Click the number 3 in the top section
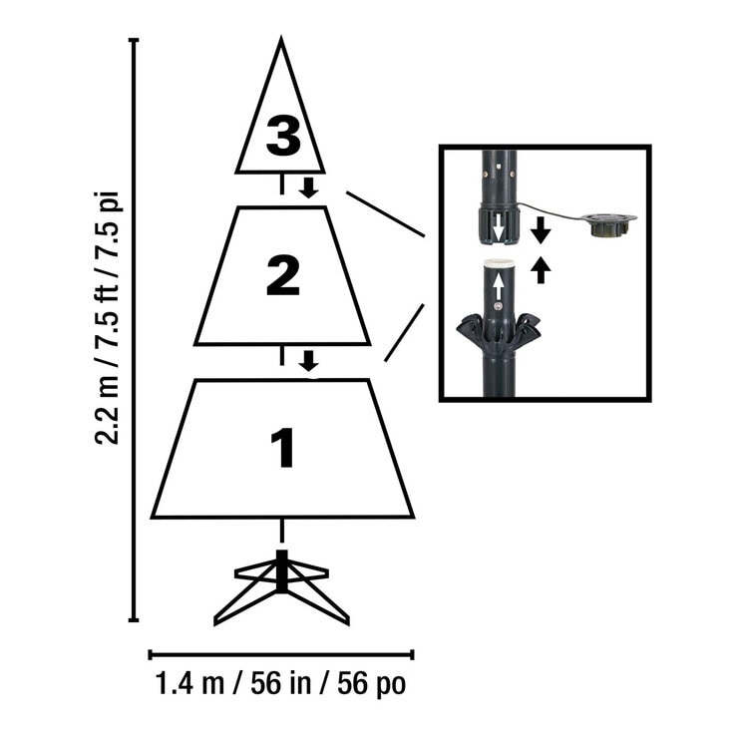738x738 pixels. pyautogui.click(x=283, y=136)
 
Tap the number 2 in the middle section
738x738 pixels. pyautogui.click(x=283, y=275)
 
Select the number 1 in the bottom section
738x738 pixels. pyautogui.click(x=283, y=448)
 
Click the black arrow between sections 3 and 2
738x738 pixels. pyautogui.click(x=309, y=187)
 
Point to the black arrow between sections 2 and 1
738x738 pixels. pyautogui.click(x=309, y=361)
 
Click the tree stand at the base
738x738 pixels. pyautogui.click(x=281, y=587)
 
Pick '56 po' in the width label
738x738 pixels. pyautogui.click(x=371, y=684)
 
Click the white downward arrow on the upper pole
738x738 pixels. pyautogui.click(x=498, y=225)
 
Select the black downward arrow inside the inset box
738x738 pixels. pyautogui.click(x=541, y=230)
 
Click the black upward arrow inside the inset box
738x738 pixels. pyautogui.click(x=541, y=269)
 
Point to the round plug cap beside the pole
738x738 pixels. pyautogui.click(x=609, y=224)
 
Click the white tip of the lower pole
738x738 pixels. pyautogui.click(x=500, y=262)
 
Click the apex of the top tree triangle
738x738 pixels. pyautogui.click(x=281, y=37)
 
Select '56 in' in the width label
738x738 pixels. pyautogui.click(x=281, y=683)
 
